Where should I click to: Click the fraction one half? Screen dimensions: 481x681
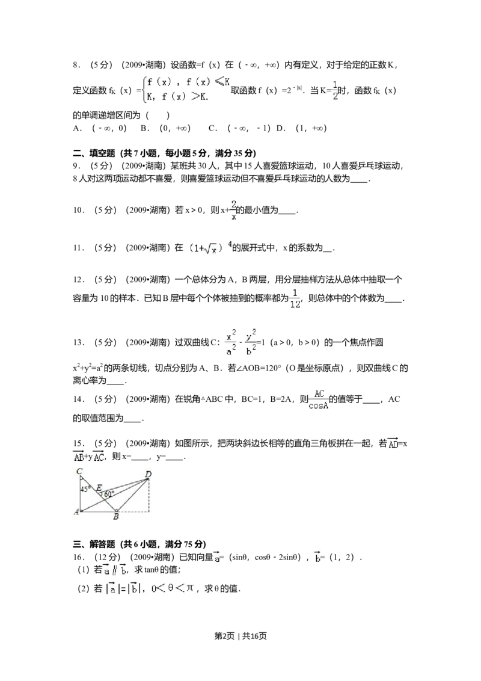pyautogui.click(x=335, y=90)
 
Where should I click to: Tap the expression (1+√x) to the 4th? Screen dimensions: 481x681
pyautogui.click(x=209, y=248)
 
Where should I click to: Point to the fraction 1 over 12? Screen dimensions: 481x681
pyautogui.click(x=295, y=298)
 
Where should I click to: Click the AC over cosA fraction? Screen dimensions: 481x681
pyautogui.click(x=319, y=399)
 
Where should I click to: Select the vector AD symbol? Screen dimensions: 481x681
pyautogui.click(x=392, y=444)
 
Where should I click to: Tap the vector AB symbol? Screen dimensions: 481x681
pyautogui.click(x=79, y=457)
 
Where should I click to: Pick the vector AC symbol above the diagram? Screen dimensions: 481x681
pyautogui.click(x=99, y=457)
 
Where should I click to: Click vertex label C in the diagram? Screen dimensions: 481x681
pyautogui.click(x=79, y=472)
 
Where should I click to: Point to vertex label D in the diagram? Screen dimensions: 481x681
pyautogui.click(x=148, y=475)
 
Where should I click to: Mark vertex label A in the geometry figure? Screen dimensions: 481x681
pyautogui.click(x=76, y=512)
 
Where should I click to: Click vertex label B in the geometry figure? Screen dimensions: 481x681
pyautogui.click(x=116, y=516)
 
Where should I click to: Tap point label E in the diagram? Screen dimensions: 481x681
pyautogui.click(x=99, y=487)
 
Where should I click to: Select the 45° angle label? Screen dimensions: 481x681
pyautogui.click(x=85, y=488)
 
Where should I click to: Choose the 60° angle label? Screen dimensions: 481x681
pyautogui.click(x=109, y=494)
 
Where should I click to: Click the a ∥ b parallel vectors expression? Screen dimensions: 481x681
pyautogui.click(x=115, y=569)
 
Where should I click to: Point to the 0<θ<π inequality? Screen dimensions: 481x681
pyautogui.click(x=173, y=587)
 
